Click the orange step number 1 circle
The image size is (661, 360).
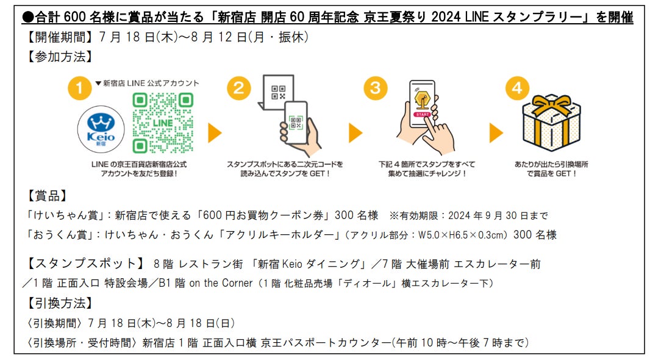(x=79, y=88)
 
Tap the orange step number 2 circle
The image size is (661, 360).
(x=238, y=88)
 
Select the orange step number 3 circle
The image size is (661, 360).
(x=375, y=88)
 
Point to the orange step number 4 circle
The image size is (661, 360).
(x=517, y=88)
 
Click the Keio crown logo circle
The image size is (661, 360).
(x=101, y=129)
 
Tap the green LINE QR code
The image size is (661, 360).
(x=163, y=123)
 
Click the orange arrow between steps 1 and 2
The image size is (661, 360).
(x=215, y=133)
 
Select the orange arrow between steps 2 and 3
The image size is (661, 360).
(x=356, y=133)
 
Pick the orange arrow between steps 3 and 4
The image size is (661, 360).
(x=496, y=133)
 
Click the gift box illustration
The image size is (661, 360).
(x=551, y=123)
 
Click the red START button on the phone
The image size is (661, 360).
(x=422, y=114)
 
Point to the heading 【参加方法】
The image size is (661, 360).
(x=60, y=57)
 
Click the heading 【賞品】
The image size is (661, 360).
(x=47, y=196)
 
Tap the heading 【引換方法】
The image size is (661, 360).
(x=60, y=303)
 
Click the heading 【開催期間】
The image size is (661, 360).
(x=60, y=37)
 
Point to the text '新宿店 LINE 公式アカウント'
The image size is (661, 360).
(x=151, y=83)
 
